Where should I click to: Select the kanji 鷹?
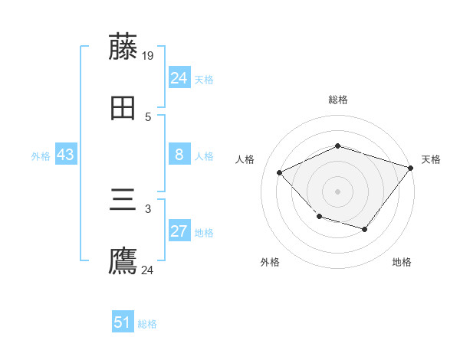123,261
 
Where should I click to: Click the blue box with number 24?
179,78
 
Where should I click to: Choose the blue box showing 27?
179,232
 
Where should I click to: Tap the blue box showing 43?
66,155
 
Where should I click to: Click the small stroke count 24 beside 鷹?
148,270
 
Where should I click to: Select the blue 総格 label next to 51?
147,324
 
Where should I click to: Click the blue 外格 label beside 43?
41,156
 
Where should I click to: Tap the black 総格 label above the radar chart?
338,100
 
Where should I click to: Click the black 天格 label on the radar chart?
431,159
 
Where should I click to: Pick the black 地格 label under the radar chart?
402,262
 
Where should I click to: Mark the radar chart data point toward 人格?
279,172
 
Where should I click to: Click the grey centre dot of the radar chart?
337,191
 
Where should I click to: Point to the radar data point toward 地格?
365,229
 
